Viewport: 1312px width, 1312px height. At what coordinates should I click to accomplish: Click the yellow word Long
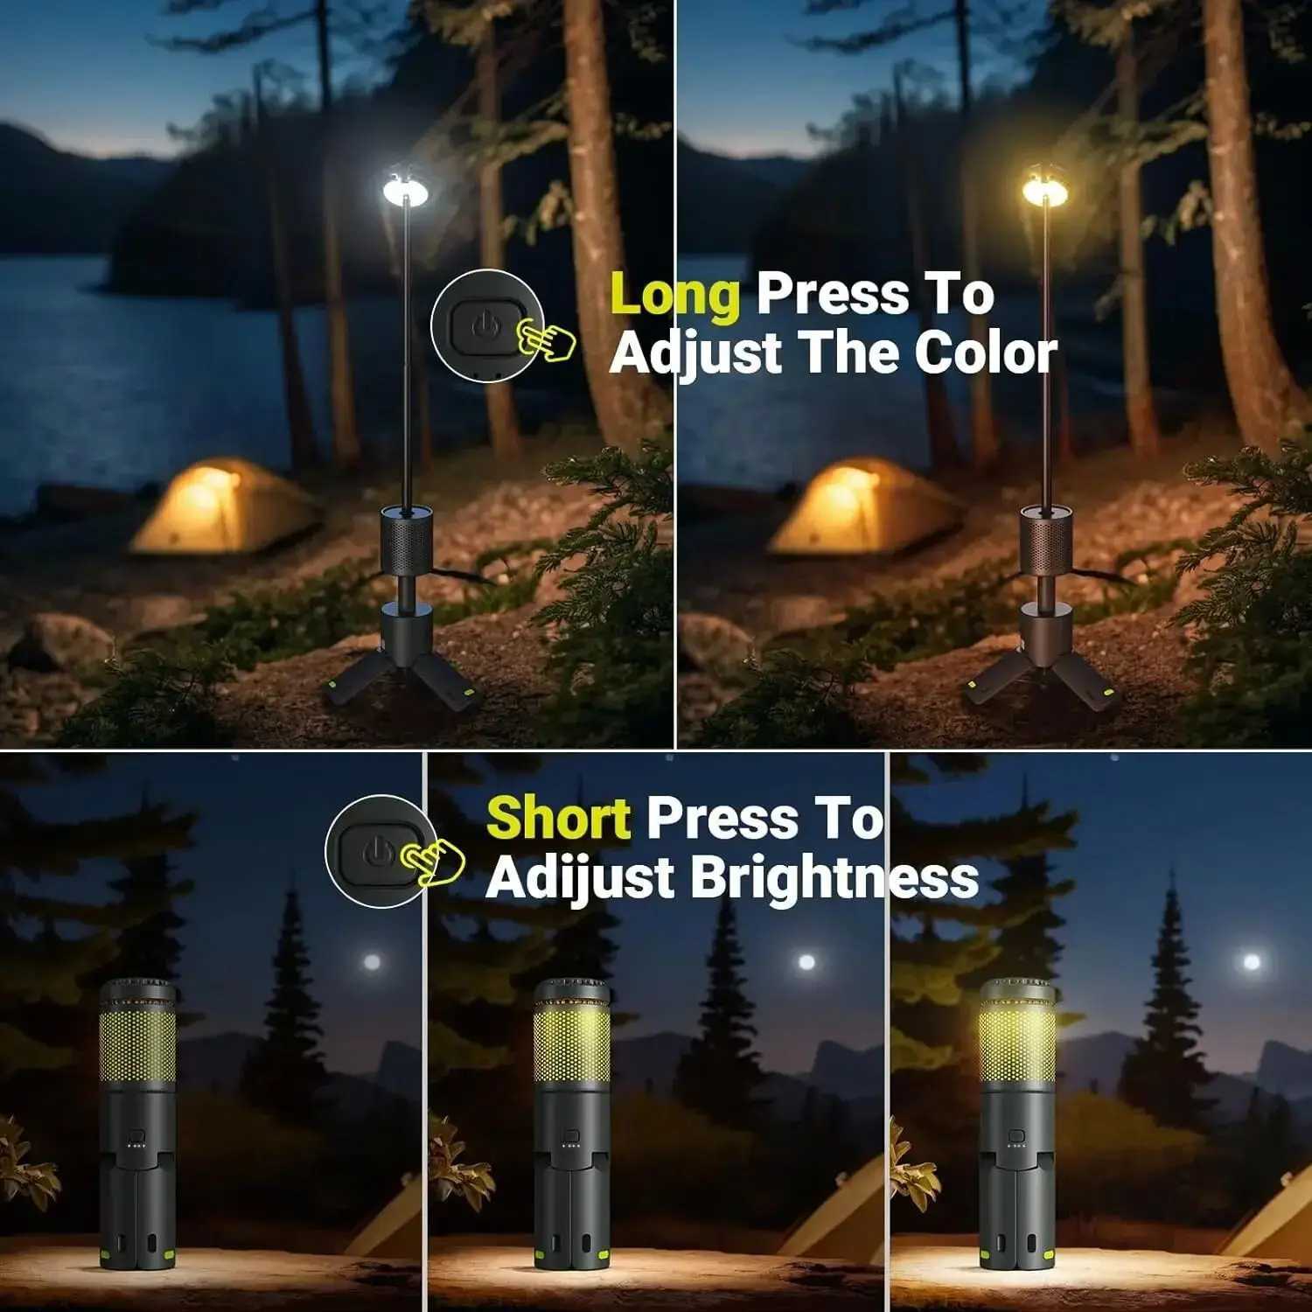[x=674, y=296]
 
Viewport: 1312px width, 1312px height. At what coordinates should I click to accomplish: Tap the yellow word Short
[x=558, y=820]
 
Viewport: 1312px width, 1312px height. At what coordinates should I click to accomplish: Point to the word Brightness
[x=834, y=877]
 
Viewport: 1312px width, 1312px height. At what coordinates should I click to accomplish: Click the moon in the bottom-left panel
[x=372, y=963]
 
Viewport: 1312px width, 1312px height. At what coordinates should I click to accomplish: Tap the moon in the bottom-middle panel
[x=806, y=963]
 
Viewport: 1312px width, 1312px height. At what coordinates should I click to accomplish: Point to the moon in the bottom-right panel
[x=1252, y=962]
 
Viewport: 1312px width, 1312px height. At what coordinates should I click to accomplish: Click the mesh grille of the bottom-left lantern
[x=137, y=1045]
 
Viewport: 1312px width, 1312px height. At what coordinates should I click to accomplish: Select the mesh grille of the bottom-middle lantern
[x=572, y=1045]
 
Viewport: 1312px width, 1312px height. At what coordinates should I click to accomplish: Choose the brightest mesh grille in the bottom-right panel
[x=1017, y=1045]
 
